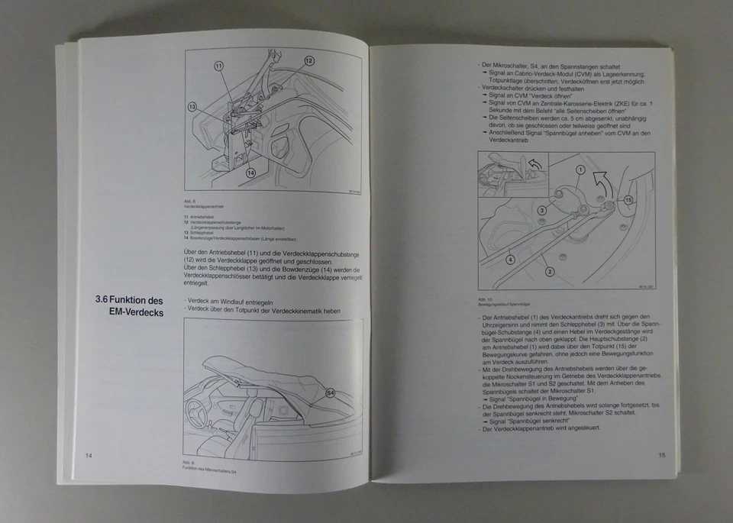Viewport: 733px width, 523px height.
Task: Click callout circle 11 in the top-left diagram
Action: click(218, 66)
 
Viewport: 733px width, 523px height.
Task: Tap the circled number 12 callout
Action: click(309, 60)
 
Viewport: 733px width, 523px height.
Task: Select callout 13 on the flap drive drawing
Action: click(192, 107)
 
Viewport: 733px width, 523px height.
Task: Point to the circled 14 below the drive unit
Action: click(250, 173)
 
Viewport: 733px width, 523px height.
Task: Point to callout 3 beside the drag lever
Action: click(541, 209)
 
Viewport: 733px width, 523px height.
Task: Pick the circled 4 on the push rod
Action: click(510, 259)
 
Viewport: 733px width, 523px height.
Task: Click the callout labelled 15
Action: click(628, 200)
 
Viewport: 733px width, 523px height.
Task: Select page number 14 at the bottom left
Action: click(89, 456)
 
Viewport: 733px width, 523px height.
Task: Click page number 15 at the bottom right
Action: click(661, 455)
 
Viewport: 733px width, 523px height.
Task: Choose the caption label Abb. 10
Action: click(484, 299)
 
